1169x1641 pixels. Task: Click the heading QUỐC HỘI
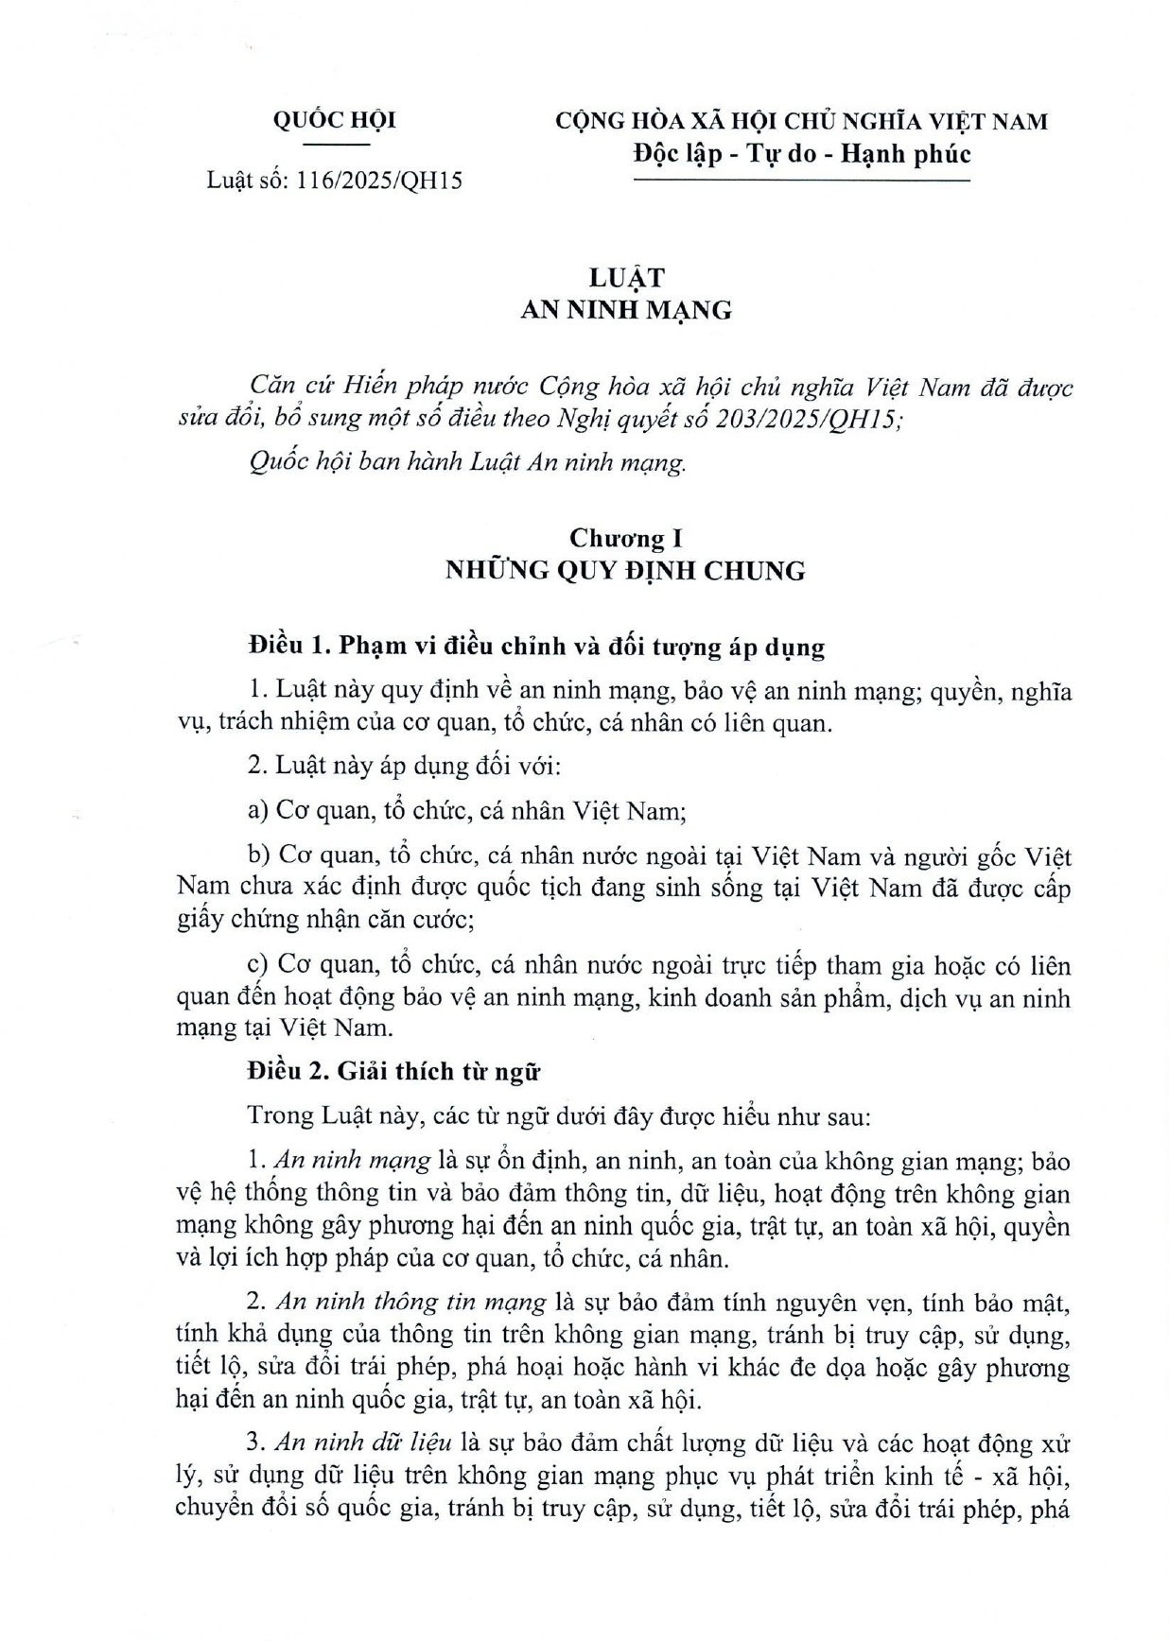pos(334,121)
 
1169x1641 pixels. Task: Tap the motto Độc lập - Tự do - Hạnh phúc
pos(801,153)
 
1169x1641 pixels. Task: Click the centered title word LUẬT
pos(626,278)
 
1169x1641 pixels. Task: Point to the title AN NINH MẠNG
pos(626,310)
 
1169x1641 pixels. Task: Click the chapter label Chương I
pos(626,539)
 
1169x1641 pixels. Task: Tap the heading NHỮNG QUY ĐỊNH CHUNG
pos(626,571)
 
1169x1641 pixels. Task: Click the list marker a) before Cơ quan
pos(258,811)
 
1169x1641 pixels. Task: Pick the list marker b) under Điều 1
pos(258,856)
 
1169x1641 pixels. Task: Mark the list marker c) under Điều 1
pos(257,966)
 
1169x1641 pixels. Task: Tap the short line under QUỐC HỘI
pos(335,145)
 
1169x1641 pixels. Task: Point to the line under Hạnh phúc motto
pos(801,180)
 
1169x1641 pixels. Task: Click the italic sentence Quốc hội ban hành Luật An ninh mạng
pos(467,463)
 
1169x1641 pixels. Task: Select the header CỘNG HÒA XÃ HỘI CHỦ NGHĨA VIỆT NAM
pos(801,121)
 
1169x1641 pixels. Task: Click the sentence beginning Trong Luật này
pos(558,1115)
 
